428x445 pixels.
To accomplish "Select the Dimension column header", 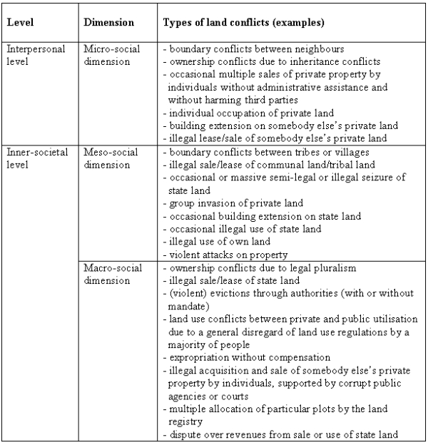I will pos(108,22).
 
